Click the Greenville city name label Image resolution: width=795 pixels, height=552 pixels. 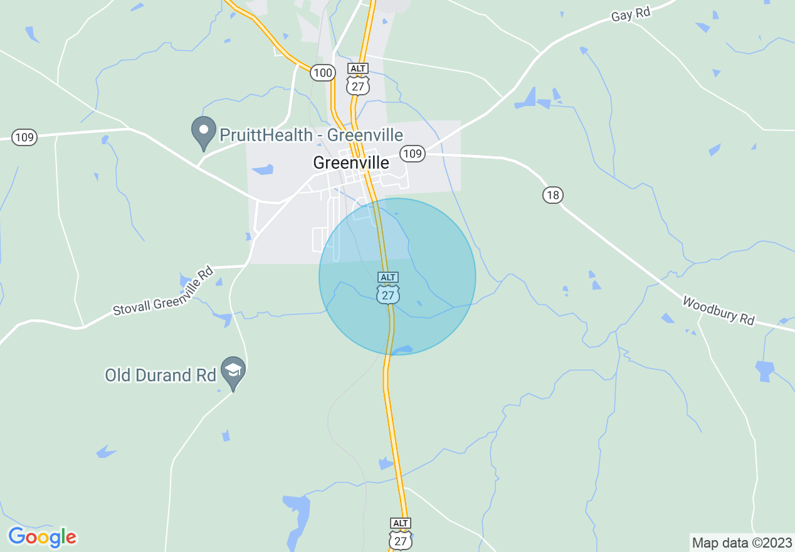point(351,163)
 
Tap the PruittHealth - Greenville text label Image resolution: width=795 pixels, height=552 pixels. point(311,135)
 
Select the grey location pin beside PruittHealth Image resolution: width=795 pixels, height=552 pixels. point(203,132)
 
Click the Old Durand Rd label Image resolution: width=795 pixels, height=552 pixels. point(161,375)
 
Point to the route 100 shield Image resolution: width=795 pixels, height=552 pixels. point(322,73)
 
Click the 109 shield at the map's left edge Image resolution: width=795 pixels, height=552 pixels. point(24,137)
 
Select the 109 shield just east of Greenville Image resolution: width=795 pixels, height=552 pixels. point(413,153)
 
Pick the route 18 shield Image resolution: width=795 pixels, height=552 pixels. point(552,195)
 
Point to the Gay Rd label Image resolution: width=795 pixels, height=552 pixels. point(631,13)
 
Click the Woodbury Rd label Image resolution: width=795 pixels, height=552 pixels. point(719,310)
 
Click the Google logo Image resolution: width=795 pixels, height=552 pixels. point(43,537)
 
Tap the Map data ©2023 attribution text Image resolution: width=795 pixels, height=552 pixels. point(741,543)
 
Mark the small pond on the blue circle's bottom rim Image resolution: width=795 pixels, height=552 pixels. point(402,349)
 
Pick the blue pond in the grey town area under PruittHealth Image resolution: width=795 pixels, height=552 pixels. point(263,169)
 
